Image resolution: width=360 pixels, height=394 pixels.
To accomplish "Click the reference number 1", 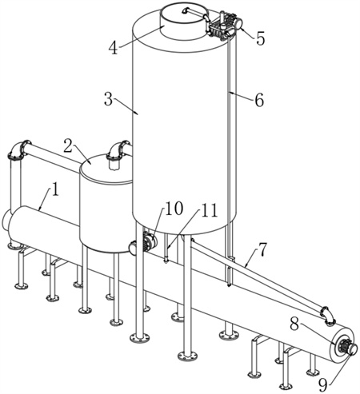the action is (55, 190).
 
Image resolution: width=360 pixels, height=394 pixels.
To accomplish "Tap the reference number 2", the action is (68, 145).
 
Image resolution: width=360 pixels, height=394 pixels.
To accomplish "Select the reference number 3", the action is (109, 100).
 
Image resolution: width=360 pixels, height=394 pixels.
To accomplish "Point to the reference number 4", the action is (114, 48).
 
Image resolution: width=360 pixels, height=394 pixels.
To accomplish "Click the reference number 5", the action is (260, 38).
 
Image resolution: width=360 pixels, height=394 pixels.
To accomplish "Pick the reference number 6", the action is (259, 100).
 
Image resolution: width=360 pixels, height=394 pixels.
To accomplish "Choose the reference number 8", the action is (294, 324).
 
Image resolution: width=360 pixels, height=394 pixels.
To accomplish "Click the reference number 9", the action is (323, 385).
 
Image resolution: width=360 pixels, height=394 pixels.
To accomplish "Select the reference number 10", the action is (174, 208).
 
